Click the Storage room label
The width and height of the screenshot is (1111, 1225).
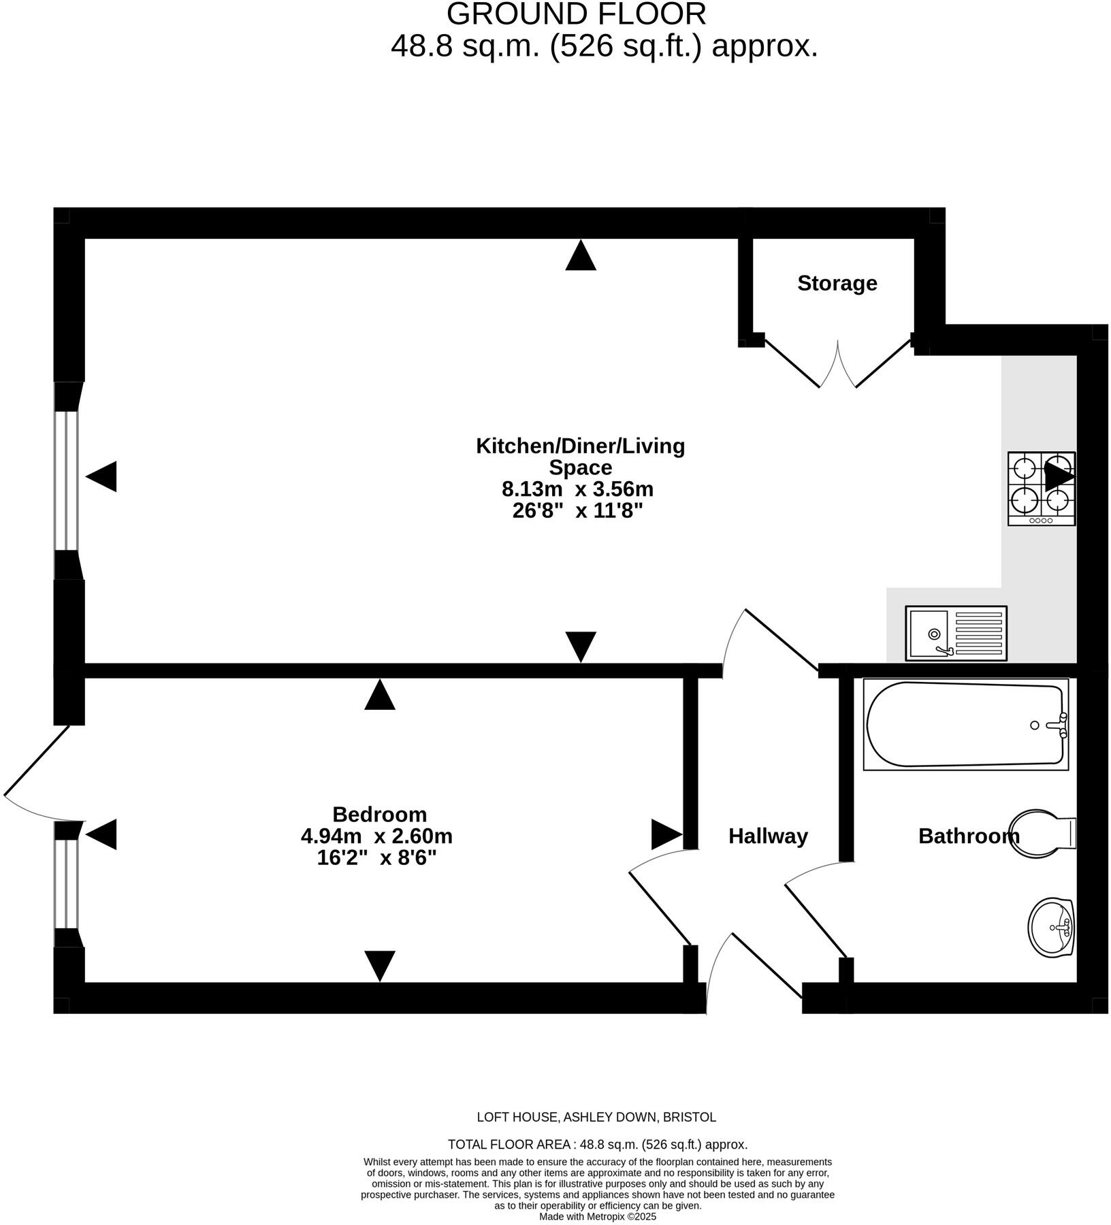click(837, 283)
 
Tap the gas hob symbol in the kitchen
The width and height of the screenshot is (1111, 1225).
click(1041, 489)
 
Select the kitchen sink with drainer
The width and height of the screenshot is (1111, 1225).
click(956, 633)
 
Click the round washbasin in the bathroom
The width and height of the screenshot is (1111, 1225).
click(1051, 927)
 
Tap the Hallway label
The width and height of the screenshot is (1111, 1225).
click(768, 836)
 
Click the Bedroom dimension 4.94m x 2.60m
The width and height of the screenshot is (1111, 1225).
click(376, 836)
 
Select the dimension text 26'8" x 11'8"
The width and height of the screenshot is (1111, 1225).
click(577, 510)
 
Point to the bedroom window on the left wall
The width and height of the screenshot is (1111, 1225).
click(66, 884)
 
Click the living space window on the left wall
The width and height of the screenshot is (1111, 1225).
click(66, 480)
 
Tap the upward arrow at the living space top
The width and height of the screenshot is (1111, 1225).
click(580, 256)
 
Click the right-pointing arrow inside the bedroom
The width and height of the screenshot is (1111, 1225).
click(666, 834)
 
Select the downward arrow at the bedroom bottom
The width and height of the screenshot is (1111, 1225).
click(379, 965)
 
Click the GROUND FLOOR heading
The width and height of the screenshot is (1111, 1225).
click(577, 15)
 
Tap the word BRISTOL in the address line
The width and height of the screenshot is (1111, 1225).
click(689, 1117)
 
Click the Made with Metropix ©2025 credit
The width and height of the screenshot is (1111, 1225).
click(598, 1217)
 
